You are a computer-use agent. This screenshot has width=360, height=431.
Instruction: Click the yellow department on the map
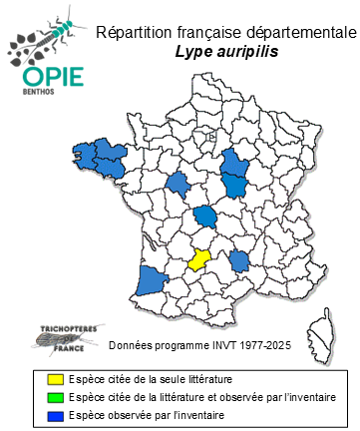(199, 260)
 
